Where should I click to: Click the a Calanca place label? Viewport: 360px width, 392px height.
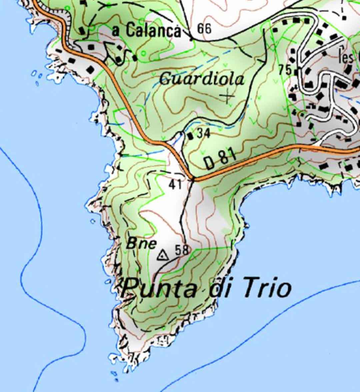pyautogui.click(x=147, y=31)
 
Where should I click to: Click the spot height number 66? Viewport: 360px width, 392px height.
pyautogui.click(x=204, y=29)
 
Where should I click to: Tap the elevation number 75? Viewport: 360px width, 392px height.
pyautogui.click(x=285, y=70)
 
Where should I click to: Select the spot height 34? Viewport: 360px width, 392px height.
pyautogui.click(x=204, y=134)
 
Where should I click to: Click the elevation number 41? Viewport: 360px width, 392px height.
pyautogui.click(x=175, y=184)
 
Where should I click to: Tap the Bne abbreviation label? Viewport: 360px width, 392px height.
pyautogui.click(x=141, y=243)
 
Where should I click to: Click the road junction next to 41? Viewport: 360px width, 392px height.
pyautogui.click(x=193, y=180)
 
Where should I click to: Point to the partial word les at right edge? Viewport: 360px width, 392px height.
pyautogui.click(x=346, y=57)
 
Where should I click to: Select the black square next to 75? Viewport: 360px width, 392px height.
pyautogui.click(x=295, y=71)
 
